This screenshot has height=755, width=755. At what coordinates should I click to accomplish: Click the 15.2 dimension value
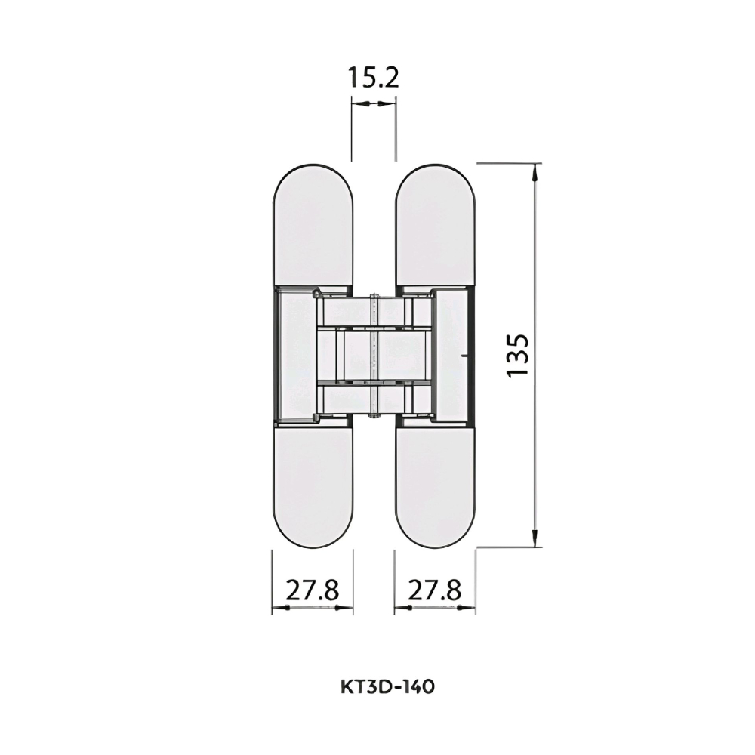click(373, 78)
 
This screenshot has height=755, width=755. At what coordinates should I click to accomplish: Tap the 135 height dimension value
click(519, 356)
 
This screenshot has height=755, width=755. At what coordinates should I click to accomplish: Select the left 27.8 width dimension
click(313, 590)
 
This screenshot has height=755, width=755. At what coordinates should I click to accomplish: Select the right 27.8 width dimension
click(434, 590)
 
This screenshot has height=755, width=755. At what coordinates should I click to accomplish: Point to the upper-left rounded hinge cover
click(313, 226)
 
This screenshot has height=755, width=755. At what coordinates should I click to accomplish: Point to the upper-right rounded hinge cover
click(436, 226)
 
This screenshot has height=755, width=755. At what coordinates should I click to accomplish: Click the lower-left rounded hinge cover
click(313, 486)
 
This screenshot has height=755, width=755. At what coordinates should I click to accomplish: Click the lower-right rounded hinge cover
click(436, 486)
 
